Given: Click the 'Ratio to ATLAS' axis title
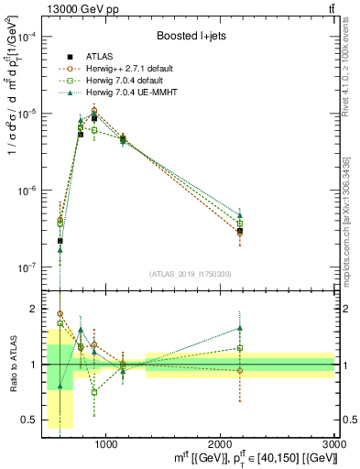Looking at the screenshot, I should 11,364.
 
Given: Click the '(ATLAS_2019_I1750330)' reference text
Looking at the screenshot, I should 190,274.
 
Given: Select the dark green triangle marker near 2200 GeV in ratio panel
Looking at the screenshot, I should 240,328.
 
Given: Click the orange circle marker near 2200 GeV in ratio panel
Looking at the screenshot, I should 240,371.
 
